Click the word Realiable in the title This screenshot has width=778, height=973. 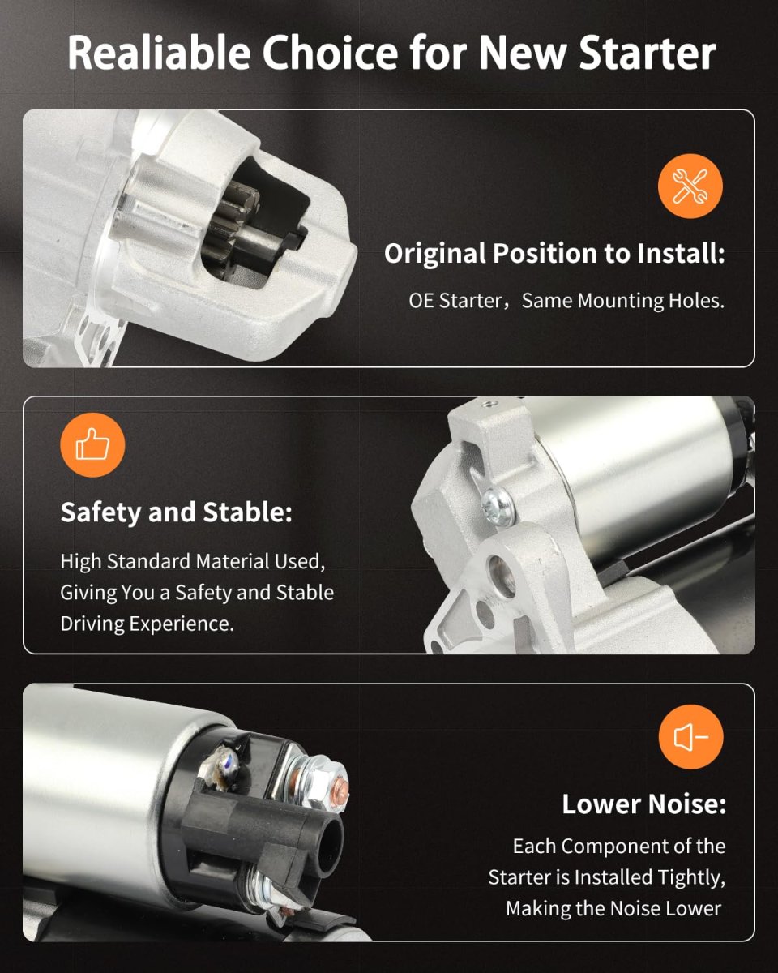(x=159, y=53)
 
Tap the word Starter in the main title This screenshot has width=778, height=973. (x=648, y=53)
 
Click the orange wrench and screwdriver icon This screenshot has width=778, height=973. (x=690, y=186)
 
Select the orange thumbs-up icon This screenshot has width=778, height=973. (x=92, y=445)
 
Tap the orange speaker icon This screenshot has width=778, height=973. (x=690, y=737)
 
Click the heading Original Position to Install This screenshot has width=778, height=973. (x=554, y=253)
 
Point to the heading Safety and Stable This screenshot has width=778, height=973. (x=177, y=512)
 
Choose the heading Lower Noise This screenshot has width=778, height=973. (x=643, y=804)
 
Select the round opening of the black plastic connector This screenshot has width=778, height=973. (x=330, y=846)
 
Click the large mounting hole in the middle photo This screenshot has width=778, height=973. (x=502, y=576)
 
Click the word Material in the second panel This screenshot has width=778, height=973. (x=233, y=562)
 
